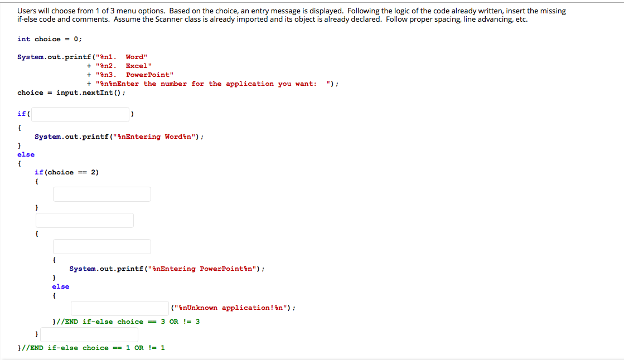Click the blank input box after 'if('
(x=80, y=114)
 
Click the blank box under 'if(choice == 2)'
(x=101, y=194)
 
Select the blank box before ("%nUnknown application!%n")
(x=120, y=308)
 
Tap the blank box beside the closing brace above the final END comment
(x=89, y=334)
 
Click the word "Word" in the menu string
(x=136, y=57)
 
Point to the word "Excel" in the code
(x=137, y=66)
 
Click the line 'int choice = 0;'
(x=50, y=39)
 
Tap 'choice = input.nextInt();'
(x=71, y=93)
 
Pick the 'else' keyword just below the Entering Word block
(x=26, y=154)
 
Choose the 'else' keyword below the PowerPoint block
(x=61, y=286)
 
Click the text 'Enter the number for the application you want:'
(x=220, y=84)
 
